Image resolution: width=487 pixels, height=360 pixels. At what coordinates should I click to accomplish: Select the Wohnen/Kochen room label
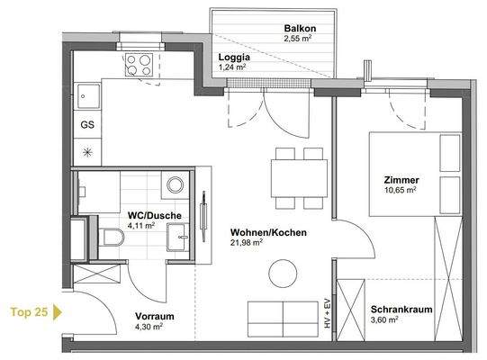click(268, 232)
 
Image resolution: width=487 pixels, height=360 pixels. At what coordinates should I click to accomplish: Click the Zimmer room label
click(398, 180)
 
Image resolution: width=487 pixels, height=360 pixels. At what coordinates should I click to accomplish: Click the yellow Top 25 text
click(29, 313)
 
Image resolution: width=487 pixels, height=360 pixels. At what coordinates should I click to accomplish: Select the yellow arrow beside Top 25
click(59, 313)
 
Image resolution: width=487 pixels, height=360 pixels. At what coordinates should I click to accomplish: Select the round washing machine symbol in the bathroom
click(175, 185)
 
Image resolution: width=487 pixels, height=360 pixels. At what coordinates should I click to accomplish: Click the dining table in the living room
click(300, 171)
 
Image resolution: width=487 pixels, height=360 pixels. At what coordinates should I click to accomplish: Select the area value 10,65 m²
click(398, 190)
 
